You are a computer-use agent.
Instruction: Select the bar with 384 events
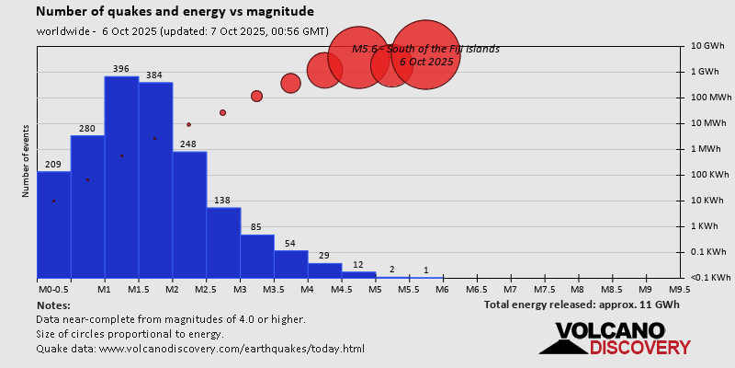[155, 180]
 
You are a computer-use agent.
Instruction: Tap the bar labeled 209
[53, 224]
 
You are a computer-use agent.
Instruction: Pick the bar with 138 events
[223, 243]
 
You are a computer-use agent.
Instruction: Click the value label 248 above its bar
[188, 144]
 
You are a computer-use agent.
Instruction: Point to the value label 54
[290, 243]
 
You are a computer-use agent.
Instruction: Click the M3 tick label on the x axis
[239, 289]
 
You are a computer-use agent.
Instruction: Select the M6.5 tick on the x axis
[476, 289]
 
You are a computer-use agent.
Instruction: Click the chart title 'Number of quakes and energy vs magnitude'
[175, 12]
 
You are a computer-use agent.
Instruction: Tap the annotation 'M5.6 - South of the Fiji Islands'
[425, 49]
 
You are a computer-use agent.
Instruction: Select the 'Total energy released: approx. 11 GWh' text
[582, 305]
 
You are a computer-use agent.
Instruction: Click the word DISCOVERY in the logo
[639, 348]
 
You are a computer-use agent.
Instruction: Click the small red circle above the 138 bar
[222, 112]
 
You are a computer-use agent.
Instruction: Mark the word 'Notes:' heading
[53, 305]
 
